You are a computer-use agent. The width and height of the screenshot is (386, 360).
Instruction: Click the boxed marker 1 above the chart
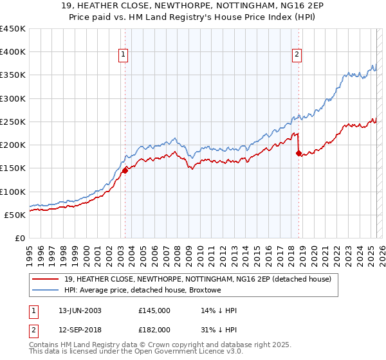coord(122,55)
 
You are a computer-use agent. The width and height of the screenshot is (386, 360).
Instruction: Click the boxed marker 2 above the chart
coord(297,55)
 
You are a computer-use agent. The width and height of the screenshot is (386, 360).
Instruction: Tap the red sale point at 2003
coord(125,170)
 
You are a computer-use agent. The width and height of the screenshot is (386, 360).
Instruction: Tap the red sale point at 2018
coord(299,153)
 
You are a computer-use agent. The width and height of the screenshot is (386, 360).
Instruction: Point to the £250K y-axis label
coord(12,122)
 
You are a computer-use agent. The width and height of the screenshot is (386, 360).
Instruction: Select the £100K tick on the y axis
coord(12,192)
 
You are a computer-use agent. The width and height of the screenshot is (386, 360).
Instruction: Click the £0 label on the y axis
coord(19,238)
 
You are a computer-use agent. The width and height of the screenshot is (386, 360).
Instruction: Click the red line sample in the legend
coord(46,279)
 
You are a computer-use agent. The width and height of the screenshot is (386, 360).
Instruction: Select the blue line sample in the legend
coord(46,291)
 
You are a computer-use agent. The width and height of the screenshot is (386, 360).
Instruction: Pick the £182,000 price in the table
coord(154,329)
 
